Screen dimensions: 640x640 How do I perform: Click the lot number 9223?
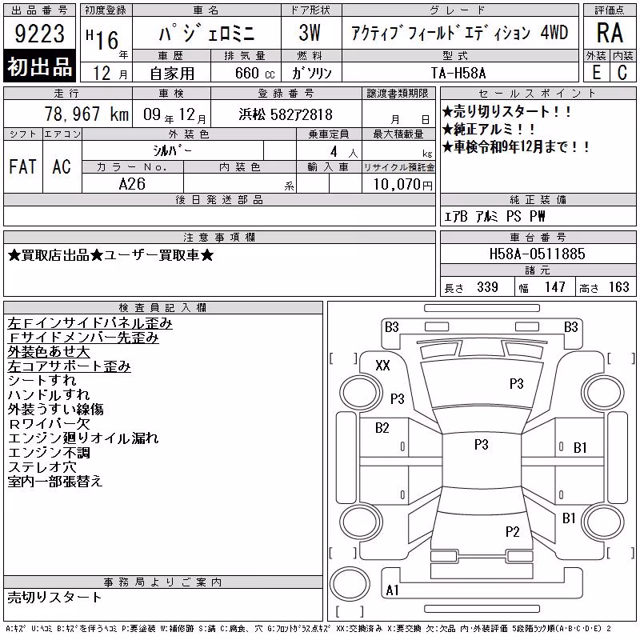click(39, 34)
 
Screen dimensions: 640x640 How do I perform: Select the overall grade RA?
click(610, 33)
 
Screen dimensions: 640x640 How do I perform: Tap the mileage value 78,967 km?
click(86, 114)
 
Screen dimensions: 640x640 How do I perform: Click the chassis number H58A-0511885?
click(537, 254)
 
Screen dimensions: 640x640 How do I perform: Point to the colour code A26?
click(132, 184)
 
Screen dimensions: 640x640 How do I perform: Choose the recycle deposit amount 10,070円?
click(403, 185)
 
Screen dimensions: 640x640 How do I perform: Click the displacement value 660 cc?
click(254, 73)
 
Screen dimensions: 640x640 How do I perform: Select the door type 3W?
click(310, 33)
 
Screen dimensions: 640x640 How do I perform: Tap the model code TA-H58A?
click(458, 73)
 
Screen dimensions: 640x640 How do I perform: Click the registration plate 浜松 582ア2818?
click(286, 114)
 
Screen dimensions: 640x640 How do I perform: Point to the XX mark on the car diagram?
click(382, 365)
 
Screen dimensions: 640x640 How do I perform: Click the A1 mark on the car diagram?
click(392, 590)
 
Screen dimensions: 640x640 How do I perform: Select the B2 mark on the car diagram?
click(382, 428)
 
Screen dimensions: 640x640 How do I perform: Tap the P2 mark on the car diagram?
click(512, 531)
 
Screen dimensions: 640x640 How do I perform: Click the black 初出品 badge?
click(39, 66)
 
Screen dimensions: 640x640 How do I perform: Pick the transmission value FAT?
click(23, 166)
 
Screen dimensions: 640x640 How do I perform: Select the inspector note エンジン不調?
click(49, 453)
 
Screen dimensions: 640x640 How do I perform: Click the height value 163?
click(618, 287)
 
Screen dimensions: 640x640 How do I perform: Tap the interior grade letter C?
click(622, 73)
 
